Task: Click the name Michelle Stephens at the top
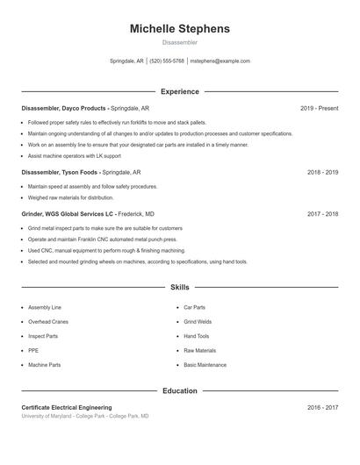(180, 29)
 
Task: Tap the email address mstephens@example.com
(220, 61)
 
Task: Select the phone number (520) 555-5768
(167, 61)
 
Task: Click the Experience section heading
(180, 91)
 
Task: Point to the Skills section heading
(180, 288)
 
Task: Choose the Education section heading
(180, 390)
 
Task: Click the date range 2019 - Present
(319, 108)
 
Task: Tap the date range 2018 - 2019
(322, 173)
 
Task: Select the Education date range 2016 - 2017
(322, 408)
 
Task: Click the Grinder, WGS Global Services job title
(88, 214)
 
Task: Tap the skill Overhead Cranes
(48, 322)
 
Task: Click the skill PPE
(33, 350)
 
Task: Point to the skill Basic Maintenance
(205, 365)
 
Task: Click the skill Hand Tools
(197, 336)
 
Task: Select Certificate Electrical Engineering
(67, 408)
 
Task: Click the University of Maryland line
(85, 416)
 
